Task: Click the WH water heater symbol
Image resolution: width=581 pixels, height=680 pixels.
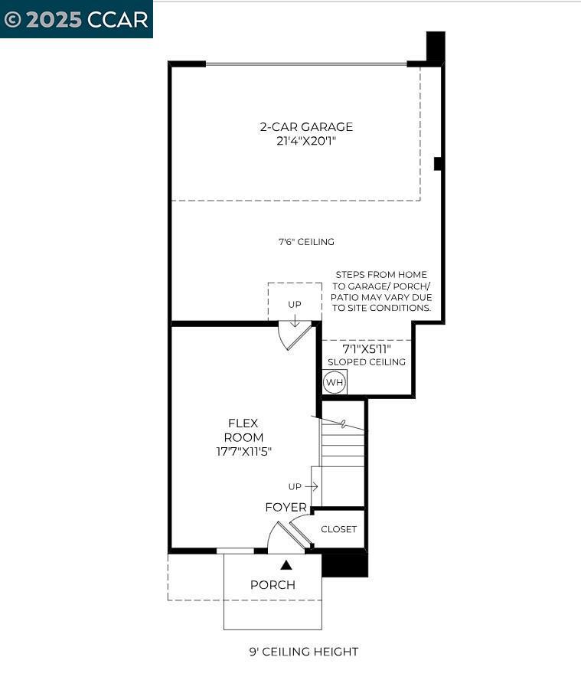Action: pyautogui.click(x=335, y=382)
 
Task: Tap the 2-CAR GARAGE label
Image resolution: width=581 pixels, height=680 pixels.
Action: pyautogui.click(x=306, y=127)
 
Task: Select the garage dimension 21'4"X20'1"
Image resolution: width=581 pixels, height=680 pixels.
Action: pyautogui.click(x=306, y=141)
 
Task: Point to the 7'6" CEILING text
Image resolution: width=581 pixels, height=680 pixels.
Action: pyautogui.click(x=306, y=242)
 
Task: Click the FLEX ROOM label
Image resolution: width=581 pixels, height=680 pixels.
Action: pyautogui.click(x=243, y=430)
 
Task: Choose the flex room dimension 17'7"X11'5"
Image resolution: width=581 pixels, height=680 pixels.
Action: pyautogui.click(x=243, y=452)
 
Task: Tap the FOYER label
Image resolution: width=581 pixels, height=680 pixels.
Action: pyautogui.click(x=286, y=508)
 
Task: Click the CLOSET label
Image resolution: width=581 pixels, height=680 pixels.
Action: pyautogui.click(x=338, y=529)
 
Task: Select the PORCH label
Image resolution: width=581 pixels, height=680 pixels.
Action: pyautogui.click(x=273, y=585)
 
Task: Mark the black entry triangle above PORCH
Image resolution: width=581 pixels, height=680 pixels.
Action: pyautogui.click(x=286, y=565)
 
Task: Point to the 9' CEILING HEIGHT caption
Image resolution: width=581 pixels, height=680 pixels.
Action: pyautogui.click(x=303, y=652)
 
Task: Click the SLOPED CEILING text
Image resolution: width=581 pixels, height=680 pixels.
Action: pyautogui.click(x=367, y=362)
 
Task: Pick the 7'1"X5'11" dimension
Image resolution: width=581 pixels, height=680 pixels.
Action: pyautogui.click(x=367, y=348)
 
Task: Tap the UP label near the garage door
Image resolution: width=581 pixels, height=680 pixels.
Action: pyautogui.click(x=295, y=304)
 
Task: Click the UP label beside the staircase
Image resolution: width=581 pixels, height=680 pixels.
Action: pyautogui.click(x=295, y=486)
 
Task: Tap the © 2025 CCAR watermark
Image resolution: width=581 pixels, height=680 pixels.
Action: pyautogui.click(x=76, y=19)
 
